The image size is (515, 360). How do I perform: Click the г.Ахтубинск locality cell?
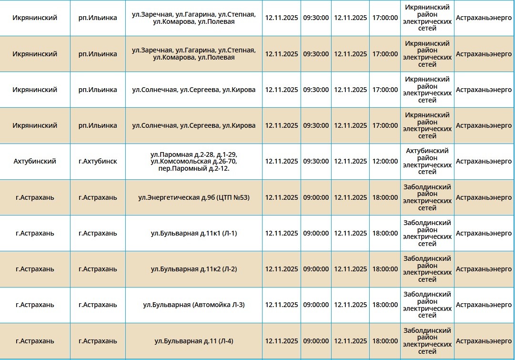(98, 161)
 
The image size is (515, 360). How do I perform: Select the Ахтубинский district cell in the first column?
(35, 161)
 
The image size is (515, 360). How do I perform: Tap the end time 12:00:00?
(385, 161)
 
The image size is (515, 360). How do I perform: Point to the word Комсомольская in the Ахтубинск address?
(186, 162)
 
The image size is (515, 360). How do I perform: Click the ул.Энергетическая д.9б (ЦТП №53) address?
(194, 197)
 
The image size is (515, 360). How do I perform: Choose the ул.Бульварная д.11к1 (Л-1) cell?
(194, 233)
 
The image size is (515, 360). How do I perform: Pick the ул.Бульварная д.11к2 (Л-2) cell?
(194, 269)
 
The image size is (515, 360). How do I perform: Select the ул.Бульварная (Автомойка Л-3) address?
(194, 305)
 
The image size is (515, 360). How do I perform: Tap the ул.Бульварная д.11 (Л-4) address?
(194, 341)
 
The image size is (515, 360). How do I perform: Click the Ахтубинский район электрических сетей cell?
(427, 161)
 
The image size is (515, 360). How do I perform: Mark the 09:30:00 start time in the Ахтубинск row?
(316, 161)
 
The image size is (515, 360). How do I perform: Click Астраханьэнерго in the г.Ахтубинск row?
(484, 161)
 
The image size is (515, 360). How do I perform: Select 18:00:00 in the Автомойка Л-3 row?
(385, 305)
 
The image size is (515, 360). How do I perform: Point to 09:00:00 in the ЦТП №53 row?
(316, 197)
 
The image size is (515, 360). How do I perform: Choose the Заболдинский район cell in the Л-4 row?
(427, 341)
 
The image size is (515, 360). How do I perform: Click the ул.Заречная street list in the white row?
(194, 18)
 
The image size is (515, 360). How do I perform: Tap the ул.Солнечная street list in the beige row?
(194, 125)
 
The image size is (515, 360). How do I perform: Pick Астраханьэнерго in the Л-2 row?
(484, 269)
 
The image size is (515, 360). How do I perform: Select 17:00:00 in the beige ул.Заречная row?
(385, 54)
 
